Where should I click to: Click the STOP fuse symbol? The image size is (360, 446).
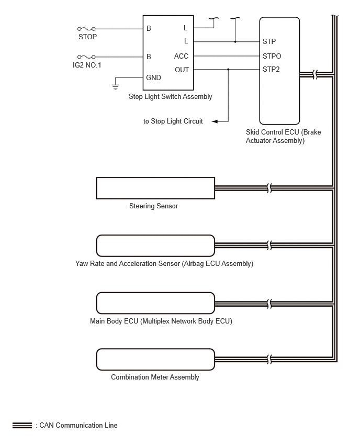point(86,29)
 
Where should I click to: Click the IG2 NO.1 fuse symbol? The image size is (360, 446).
point(86,57)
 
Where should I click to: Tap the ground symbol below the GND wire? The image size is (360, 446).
point(116,87)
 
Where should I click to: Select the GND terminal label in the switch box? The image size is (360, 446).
point(153,77)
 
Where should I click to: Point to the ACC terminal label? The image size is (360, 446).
point(181,56)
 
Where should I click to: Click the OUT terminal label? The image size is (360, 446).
point(182,70)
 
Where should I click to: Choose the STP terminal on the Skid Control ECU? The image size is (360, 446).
point(269,41)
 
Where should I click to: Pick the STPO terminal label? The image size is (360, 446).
point(272,56)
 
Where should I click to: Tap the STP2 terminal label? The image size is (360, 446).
point(271,70)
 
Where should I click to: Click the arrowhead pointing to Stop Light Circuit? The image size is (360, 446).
point(215,121)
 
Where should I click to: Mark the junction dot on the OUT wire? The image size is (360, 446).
point(228,69)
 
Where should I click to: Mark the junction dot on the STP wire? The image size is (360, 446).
point(235,41)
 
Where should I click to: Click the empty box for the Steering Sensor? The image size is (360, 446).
point(155,188)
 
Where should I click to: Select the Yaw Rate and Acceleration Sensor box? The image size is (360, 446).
point(155,246)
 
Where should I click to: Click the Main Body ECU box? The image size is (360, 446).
point(155,303)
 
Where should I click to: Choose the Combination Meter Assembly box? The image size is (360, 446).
point(155,359)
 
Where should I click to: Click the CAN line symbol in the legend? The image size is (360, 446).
point(22,425)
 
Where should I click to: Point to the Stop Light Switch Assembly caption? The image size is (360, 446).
point(171,97)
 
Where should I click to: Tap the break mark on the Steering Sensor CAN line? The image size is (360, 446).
point(269,188)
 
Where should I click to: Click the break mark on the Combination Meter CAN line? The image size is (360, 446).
point(269,359)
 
